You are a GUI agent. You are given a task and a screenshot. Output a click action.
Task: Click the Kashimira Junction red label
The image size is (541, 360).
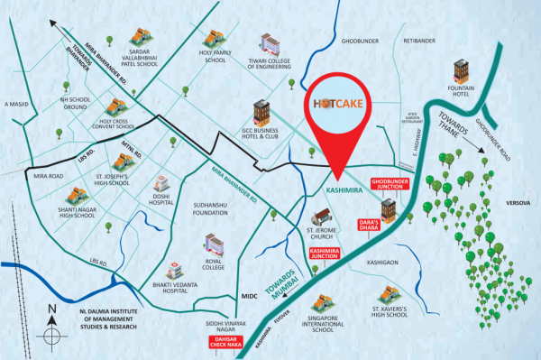(x=324, y=253)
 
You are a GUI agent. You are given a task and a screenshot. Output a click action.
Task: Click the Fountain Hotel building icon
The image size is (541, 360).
(x=461, y=71)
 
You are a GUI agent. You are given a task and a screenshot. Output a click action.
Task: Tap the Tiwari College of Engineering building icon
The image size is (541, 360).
(x=270, y=44)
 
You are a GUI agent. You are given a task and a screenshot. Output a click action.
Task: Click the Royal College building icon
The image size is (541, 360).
(x=215, y=245)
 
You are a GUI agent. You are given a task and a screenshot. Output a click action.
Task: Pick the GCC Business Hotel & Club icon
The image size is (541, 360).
(x=261, y=112)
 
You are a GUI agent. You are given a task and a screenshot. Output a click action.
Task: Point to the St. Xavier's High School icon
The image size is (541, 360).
(x=389, y=293)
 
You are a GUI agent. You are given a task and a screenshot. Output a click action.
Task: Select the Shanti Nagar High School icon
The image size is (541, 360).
(x=76, y=196)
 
